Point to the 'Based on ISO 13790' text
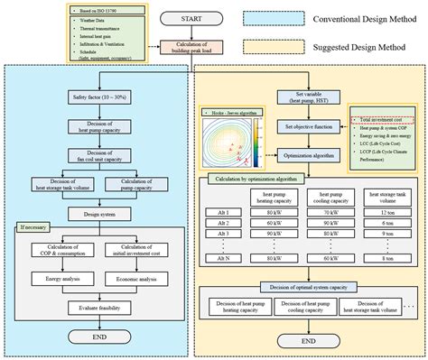(x=96, y=8)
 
